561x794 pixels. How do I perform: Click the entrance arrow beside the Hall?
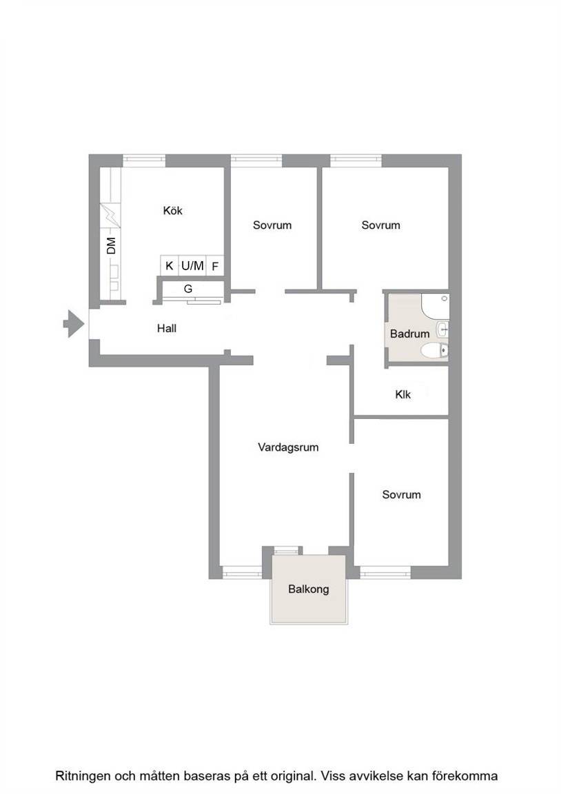74,323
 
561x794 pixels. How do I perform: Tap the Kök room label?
173,210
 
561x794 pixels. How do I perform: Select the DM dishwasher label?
111,245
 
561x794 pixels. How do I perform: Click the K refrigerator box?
169,265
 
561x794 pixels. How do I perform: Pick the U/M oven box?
192,265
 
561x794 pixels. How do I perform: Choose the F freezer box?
215,265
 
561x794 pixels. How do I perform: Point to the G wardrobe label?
188,289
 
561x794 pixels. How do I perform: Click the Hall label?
167,328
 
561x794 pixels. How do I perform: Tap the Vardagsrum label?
288,447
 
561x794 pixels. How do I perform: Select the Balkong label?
308,589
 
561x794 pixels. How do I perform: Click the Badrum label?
409,334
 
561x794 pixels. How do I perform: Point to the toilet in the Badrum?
435,350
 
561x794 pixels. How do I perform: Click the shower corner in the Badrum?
435,306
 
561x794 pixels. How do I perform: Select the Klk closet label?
403,394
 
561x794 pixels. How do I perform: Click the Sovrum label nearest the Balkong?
402,494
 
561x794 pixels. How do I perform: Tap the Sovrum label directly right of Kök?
272,225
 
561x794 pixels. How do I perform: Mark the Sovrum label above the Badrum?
380,225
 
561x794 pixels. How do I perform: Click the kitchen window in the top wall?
144,161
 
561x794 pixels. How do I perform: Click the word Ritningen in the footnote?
83,776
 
